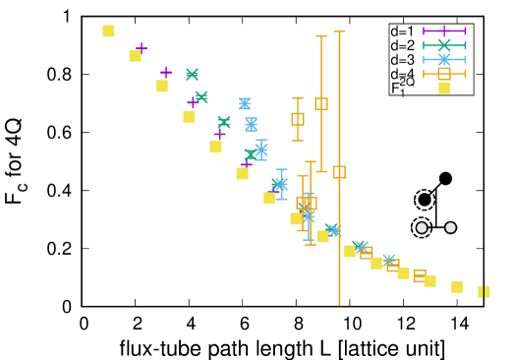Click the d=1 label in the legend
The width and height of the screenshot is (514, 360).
point(403,30)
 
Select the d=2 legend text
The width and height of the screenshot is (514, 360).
point(403,45)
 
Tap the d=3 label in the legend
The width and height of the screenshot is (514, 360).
point(403,60)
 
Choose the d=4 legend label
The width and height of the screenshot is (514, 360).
point(403,74)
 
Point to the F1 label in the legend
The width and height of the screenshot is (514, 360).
point(399,89)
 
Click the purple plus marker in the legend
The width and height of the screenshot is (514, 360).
point(444,30)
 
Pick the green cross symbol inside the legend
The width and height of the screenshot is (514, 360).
point(444,45)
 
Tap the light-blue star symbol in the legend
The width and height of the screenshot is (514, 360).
point(444,60)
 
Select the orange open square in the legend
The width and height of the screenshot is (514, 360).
point(444,74)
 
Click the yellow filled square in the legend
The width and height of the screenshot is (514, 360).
point(444,88)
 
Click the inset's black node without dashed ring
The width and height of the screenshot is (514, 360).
point(445,178)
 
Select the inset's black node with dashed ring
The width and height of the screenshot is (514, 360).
point(425,200)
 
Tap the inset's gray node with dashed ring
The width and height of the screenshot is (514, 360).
point(422,227)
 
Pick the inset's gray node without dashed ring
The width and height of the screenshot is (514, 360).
point(450,227)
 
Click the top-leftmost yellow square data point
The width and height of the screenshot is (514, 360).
point(108,31)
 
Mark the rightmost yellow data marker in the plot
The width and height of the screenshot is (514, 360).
point(484,291)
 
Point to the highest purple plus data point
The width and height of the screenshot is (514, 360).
point(142,47)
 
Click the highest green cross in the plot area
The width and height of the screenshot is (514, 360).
point(192,75)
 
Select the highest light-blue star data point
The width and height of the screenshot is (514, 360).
point(245,103)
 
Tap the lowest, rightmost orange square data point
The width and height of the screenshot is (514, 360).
point(420,275)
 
